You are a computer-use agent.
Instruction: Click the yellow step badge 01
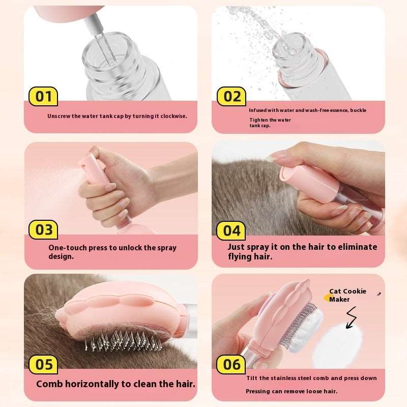point(43,96)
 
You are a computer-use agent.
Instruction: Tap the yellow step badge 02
point(231,96)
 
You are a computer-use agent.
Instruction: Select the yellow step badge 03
point(43,229)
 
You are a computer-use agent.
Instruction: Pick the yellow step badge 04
point(231,230)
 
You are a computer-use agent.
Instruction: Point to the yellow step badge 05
point(43,364)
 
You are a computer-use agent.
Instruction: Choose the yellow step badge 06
point(231,364)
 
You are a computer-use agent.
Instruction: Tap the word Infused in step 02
point(259,110)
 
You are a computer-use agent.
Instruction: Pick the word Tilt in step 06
point(251,378)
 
